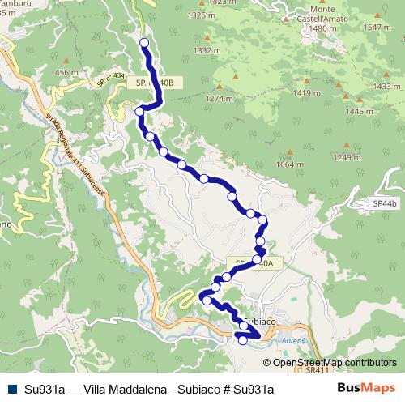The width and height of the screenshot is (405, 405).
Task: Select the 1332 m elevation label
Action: [208, 50]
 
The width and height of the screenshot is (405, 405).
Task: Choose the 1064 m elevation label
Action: [289, 164]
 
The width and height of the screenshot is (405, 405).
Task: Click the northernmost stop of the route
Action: [145, 42]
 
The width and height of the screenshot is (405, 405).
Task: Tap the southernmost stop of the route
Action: [242, 341]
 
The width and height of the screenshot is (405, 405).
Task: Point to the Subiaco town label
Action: [263, 321]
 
